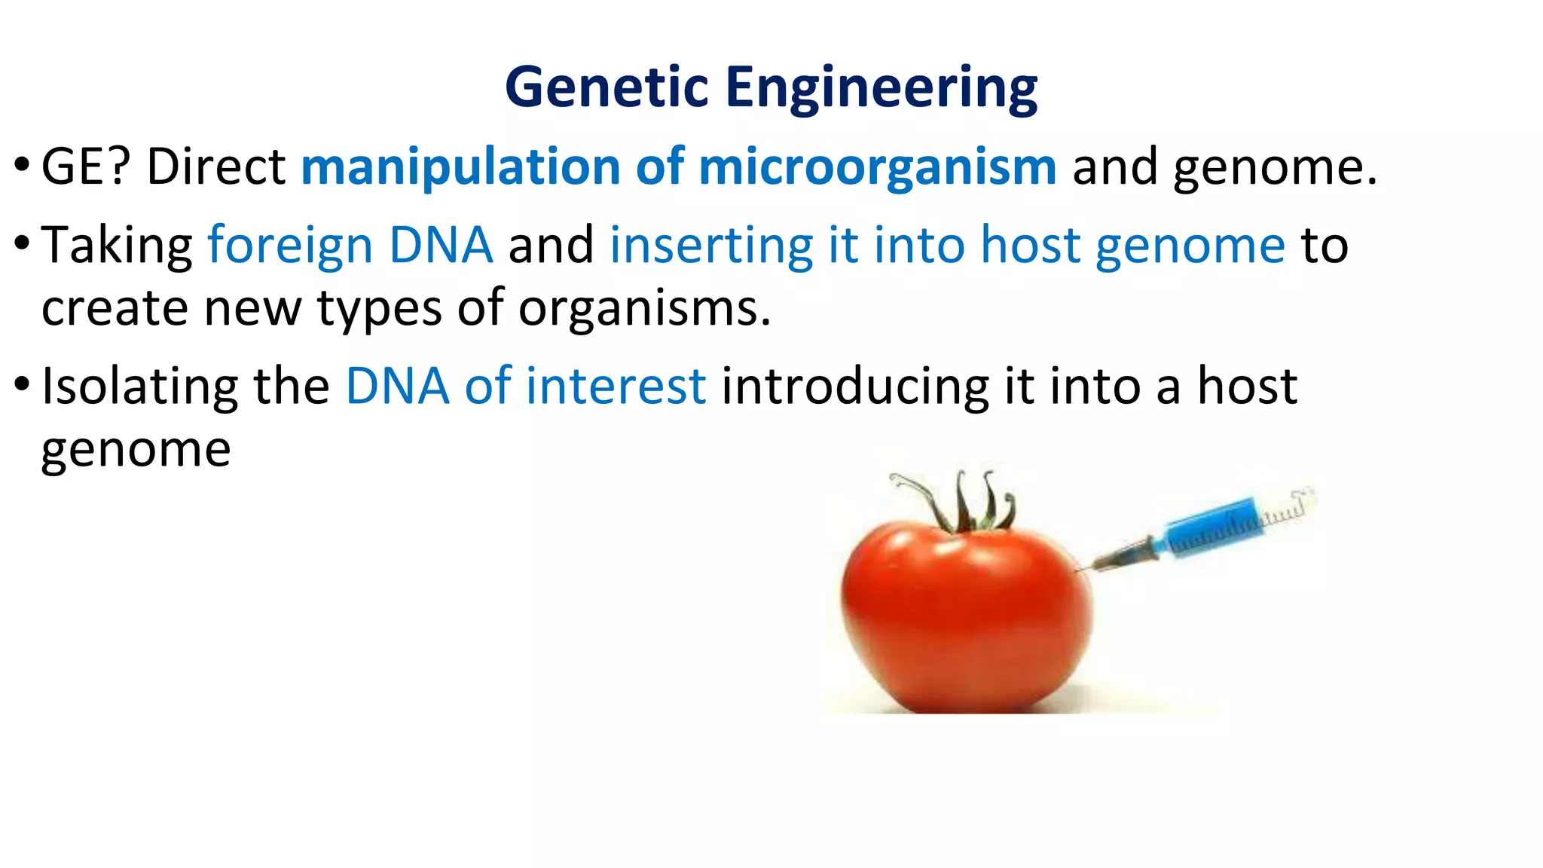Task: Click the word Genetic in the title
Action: coord(607,87)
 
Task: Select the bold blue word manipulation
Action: coord(460,167)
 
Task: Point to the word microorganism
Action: coord(877,167)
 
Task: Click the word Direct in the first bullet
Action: coord(215,167)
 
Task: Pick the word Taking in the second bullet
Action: coord(117,246)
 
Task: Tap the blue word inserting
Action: coord(710,246)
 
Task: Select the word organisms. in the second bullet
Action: coord(644,310)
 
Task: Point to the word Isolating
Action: coord(139,387)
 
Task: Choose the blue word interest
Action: coord(616,387)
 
